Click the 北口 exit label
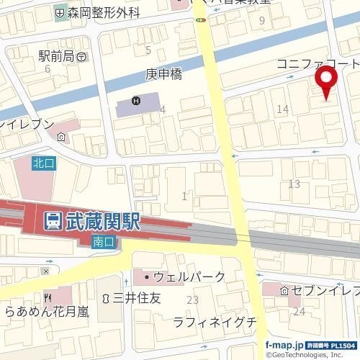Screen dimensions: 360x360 pos(42,163)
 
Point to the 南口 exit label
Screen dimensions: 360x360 pos(103,243)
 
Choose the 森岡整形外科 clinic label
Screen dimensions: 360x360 pos(103,12)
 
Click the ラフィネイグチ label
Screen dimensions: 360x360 pos(215,322)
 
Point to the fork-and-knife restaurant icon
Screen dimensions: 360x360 pos(48,297)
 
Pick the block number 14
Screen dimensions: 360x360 pos(282,109)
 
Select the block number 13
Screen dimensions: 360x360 pos(293,184)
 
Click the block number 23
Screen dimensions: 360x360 pos(192,300)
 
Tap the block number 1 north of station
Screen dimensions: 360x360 pos(185,196)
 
